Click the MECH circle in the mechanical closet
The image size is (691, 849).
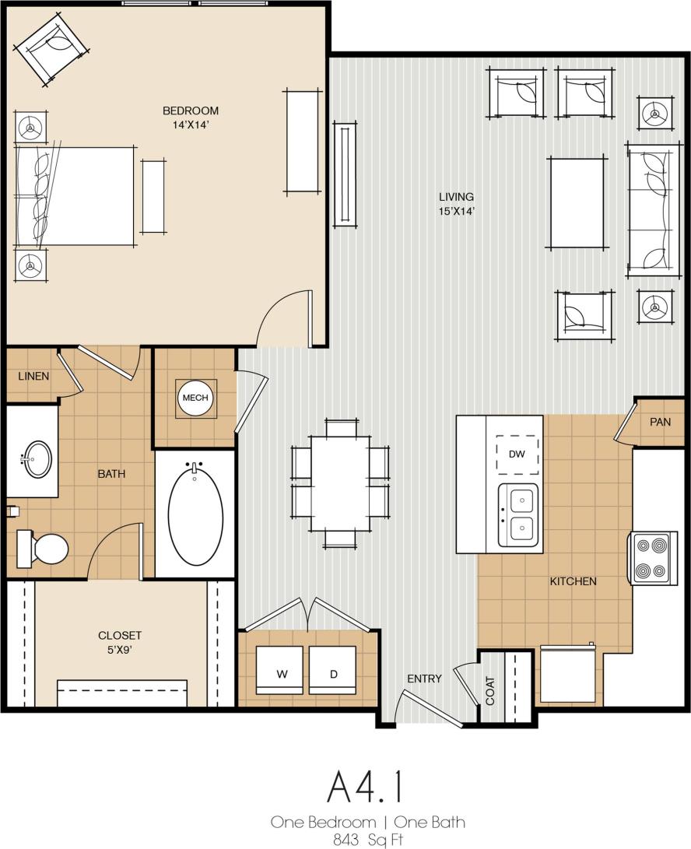195,398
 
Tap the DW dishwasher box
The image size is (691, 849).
517,454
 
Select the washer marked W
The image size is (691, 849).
282,670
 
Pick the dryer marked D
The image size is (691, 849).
333,670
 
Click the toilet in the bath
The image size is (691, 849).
44,549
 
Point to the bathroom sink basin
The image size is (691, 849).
36,459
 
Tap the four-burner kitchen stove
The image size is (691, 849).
652,558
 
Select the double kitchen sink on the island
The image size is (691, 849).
517,514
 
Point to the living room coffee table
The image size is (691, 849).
577,204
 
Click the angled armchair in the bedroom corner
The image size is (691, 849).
51,48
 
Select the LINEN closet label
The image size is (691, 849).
33,377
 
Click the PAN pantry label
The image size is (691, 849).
660,421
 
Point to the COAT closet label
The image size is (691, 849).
490,689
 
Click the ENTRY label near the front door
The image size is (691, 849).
424,679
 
